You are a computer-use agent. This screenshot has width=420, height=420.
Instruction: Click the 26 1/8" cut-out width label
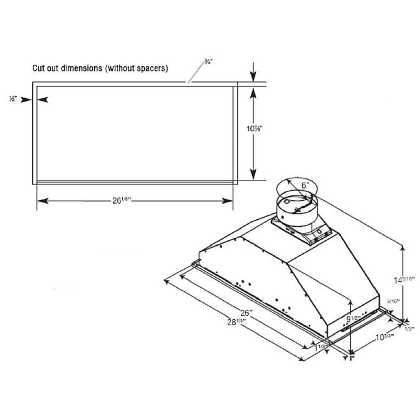122,201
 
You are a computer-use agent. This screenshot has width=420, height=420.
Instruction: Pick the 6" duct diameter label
305,184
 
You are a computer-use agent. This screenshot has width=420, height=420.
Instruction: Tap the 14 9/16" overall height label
404,279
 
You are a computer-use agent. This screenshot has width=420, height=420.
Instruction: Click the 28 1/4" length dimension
236,322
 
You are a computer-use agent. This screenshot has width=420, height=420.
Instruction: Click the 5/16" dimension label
393,301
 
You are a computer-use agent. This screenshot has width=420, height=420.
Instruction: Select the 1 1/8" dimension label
321,347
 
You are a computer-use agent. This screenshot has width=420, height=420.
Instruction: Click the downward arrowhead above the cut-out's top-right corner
253,77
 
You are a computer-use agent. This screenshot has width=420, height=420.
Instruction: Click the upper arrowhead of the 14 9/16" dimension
404,249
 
